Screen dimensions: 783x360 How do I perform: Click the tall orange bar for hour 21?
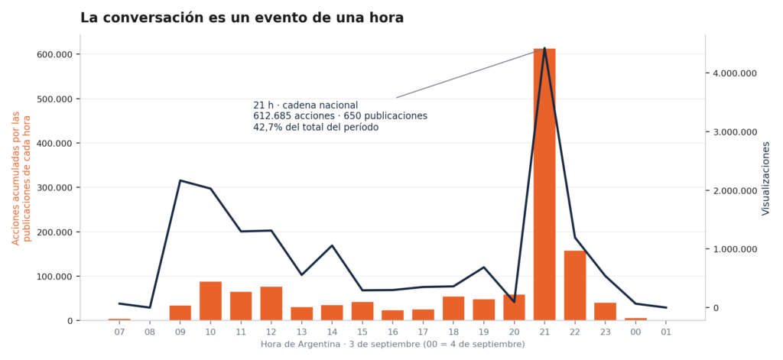coord(544,184)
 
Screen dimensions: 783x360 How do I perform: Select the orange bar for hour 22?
coord(575,286)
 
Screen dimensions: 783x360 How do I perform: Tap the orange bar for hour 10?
coord(210,301)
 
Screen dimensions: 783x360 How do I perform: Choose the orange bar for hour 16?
coord(392,316)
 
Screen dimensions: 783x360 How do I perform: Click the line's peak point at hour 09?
coord(180,180)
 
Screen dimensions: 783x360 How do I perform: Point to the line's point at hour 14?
coord(332,245)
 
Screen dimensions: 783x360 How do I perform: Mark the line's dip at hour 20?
coord(514,302)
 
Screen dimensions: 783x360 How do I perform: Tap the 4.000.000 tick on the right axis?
coord(736,73)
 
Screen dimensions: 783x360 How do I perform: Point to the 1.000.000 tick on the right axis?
coord(736,249)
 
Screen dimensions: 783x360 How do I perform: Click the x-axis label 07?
coord(119,332)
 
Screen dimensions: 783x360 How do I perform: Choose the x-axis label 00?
coord(635,332)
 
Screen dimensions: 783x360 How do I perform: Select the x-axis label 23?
coord(605,332)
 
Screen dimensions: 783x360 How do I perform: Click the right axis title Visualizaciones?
coord(765,178)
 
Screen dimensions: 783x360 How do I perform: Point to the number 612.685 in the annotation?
coord(268,116)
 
